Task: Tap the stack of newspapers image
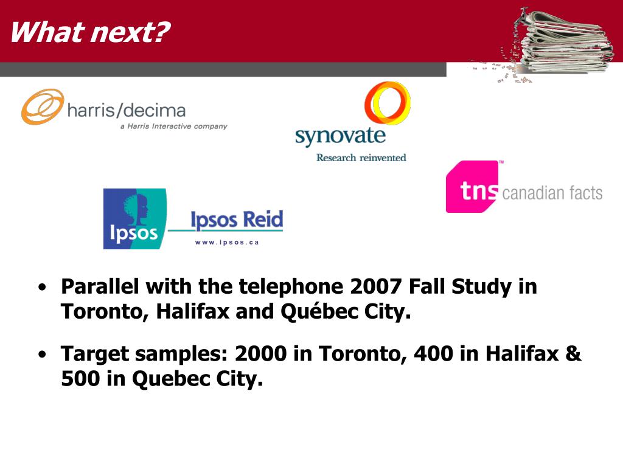556,43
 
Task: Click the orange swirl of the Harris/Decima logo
43,106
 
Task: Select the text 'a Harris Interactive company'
173,126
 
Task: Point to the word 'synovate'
340,136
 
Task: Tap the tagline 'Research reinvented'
361,157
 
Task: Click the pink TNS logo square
472,187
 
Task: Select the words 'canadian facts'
552,193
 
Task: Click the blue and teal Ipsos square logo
134,219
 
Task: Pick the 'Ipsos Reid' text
237,220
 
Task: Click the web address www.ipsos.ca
227,242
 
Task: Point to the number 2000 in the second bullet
260,353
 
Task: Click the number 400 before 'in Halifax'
433,353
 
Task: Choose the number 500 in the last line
80,378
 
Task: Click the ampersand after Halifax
573,353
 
